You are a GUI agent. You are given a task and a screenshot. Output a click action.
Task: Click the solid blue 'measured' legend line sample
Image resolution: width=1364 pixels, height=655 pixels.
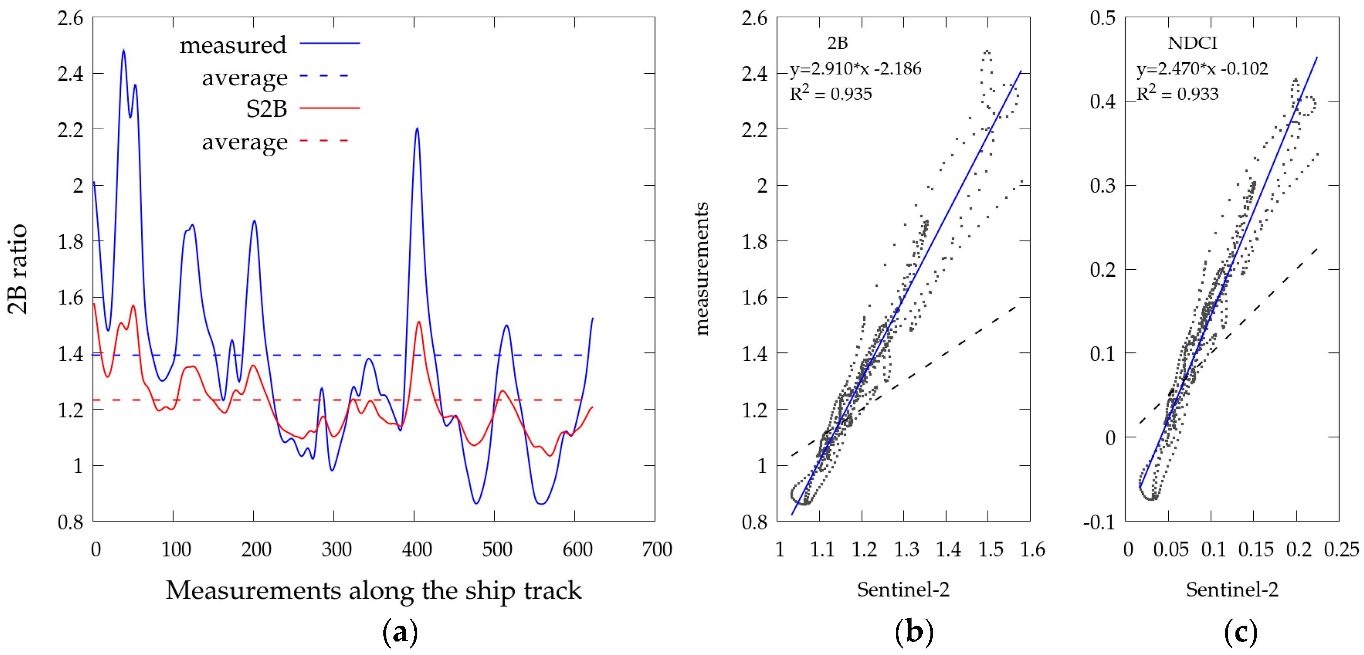[x=329, y=43]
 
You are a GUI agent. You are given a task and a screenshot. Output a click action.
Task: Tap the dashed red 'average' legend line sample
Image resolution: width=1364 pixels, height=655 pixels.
[x=324, y=141]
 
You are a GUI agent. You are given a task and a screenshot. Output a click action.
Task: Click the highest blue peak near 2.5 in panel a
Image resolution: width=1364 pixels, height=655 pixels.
[x=124, y=51]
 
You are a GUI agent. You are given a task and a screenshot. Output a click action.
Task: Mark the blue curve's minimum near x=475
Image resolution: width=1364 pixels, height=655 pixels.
[x=476, y=503]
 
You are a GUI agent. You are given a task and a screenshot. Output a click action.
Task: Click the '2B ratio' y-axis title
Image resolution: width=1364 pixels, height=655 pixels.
[x=17, y=269]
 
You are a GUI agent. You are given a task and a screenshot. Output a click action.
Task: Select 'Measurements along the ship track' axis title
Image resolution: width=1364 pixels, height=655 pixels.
[x=373, y=590]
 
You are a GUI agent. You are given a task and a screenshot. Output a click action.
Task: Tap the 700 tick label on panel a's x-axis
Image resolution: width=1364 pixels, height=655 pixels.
[x=657, y=550]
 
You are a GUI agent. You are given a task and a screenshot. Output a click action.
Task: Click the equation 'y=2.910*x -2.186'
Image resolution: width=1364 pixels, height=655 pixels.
[x=855, y=69]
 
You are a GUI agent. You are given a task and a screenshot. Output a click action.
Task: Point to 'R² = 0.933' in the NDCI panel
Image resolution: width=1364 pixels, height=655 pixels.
[x=1178, y=94]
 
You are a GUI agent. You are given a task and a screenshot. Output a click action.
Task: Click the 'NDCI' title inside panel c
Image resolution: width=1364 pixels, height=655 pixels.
[x=1192, y=43]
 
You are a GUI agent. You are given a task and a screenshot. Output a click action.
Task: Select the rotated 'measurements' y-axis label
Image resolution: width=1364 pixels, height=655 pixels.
[x=701, y=269]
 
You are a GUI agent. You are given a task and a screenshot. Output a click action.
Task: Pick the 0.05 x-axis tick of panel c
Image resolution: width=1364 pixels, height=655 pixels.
[x=1170, y=550]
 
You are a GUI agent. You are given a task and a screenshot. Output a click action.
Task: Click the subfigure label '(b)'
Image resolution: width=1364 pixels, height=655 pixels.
[x=914, y=632]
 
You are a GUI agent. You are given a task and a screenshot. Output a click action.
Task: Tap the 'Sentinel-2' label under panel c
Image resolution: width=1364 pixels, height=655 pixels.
[x=1232, y=589]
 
